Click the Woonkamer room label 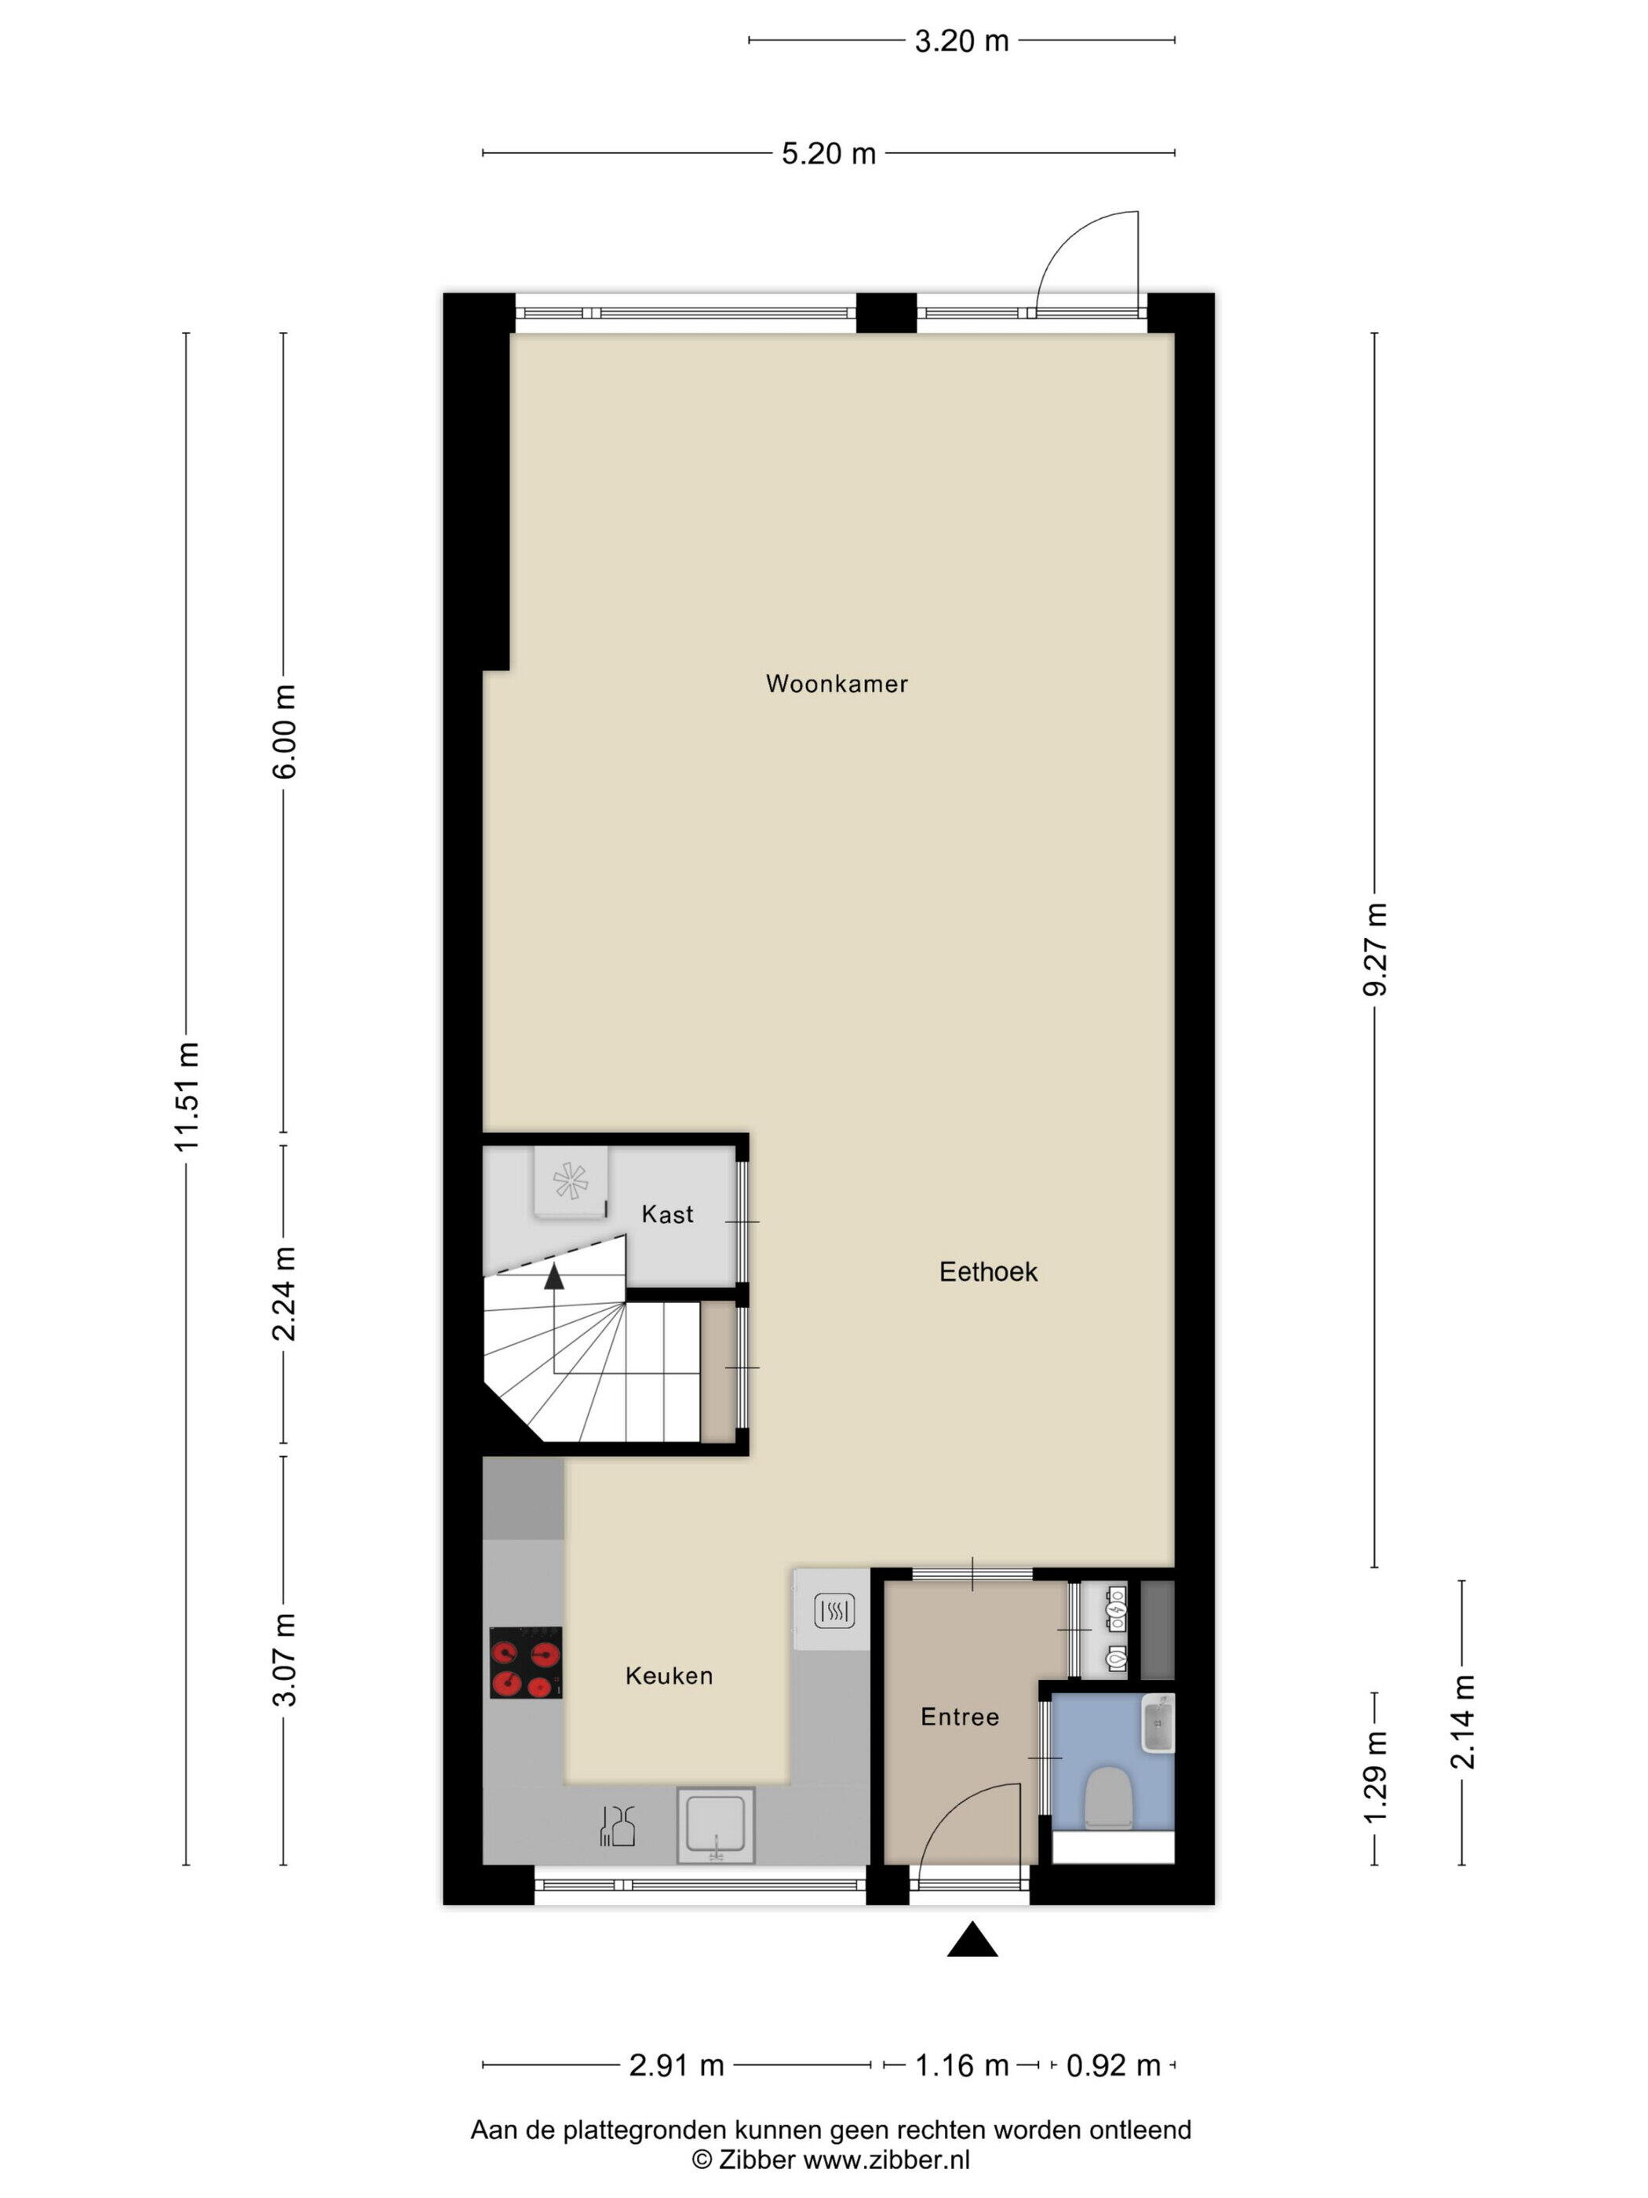tap(837, 684)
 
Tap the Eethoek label tap(988, 1272)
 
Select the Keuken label tap(669, 1676)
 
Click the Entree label tap(960, 1717)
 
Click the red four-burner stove tap(526, 1663)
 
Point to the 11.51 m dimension tap(187, 1096)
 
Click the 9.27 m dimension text tap(1375, 949)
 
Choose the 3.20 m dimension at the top tap(961, 41)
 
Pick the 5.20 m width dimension tap(829, 153)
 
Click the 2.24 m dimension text tap(284, 1293)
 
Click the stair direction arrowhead tap(553, 1277)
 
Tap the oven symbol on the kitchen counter tap(834, 1611)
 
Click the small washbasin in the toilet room tap(1158, 1724)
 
